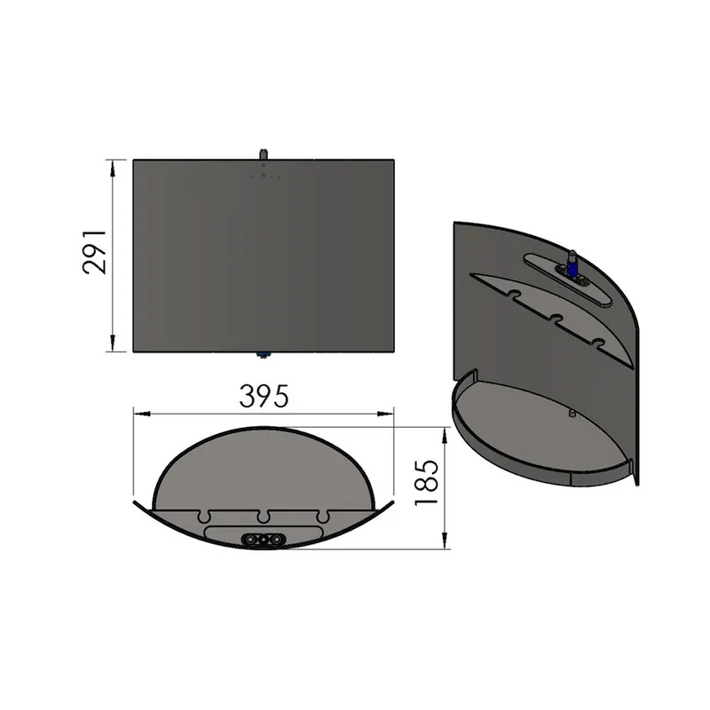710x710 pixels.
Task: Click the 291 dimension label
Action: pos(95,252)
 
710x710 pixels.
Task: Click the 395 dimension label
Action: pos(264,396)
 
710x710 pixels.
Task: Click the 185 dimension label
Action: pos(427,482)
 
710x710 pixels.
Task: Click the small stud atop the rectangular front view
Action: pos(263,154)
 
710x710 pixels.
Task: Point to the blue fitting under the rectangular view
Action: pos(262,356)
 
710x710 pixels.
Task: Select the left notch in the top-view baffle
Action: pos(205,517)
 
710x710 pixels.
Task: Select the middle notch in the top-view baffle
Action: pos(263,517)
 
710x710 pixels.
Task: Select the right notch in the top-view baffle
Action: pos(323,517)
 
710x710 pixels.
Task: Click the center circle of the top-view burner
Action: pos(263,540)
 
